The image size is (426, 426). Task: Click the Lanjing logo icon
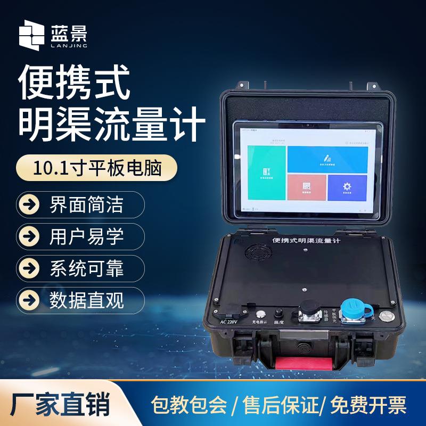[31, 35]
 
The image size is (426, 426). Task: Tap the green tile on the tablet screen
[267, 171]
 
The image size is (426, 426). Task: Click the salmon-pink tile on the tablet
[307, 187]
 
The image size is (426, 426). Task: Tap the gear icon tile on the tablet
[347, 187]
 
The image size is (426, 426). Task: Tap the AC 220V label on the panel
[227, 321]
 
